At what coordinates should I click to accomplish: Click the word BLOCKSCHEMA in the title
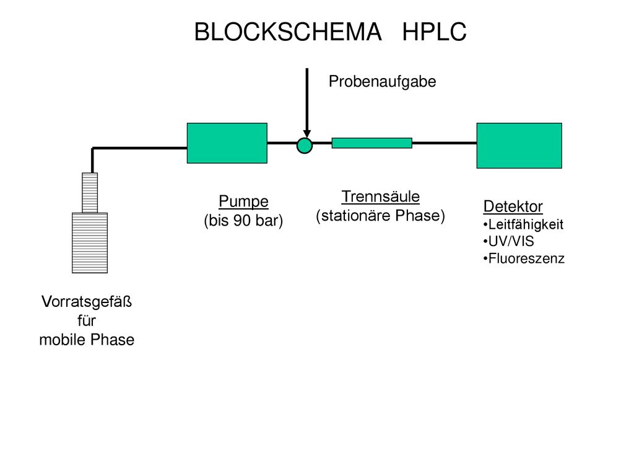pyautogui.click(x=288, y=32)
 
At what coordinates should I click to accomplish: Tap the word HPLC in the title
pyautogui.click(x=434, y=32)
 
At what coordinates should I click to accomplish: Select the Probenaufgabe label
pyautogui.click(x=382, y=82)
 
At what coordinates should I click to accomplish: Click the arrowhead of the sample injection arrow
pyautogui.click(x=307, y=134)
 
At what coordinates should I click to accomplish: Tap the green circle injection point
pyautogui.click(x=305, y=146)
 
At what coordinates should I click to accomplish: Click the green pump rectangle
pyautogui.click(x=227, y=143)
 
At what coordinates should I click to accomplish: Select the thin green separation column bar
pyautogui.click(x=372, y=143)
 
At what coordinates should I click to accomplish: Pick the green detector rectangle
pyautogui.click(x=519, y=145)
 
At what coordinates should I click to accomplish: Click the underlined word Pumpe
pyautogui.click(x=243, y=201)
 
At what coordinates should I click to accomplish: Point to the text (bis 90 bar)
pyautogui.click(x=243, y=221)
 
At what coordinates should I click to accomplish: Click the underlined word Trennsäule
pyautogui.click(x=381, y=196)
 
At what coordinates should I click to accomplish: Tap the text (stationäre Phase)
pyautogui.click(x=381, y=216)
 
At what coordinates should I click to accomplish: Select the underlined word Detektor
pyautogui.click(x=513, y=206)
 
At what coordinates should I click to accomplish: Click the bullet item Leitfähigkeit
pyautogui.click(x=523, y=224)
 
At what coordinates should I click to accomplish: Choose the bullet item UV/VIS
pyautogui.click(x=509, y=242)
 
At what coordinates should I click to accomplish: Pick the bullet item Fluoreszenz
pyautogui.click(x=524, y=258)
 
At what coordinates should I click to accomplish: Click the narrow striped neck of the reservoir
pyautogui.click(x=90, y=193)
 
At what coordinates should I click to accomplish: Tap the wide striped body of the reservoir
pyautogui.click(x=90, y=243)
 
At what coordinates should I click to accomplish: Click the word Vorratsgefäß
pyautogui.click(x=87, y=302)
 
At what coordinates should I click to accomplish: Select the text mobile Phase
pyautogui.click(x=87, y=340)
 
